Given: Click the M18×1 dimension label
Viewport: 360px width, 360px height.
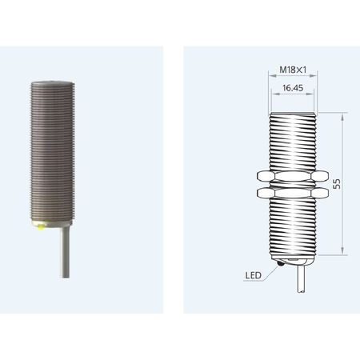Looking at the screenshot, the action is (x=293, y=70).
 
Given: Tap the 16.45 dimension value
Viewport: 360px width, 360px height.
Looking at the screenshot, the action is (x=293, y=88).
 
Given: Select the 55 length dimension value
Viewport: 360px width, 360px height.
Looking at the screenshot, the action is (x=337, y=184).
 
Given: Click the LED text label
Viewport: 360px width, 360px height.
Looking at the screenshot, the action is (x=254, y=275).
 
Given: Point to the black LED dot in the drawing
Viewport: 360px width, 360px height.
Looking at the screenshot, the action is (x=281, y=263).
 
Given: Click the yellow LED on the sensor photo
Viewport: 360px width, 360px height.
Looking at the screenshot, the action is (x=41, y=227).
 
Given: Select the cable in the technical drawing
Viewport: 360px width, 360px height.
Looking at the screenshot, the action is (x=302, y=278).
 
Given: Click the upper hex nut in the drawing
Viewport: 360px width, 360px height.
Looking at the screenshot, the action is (x=293, y=176).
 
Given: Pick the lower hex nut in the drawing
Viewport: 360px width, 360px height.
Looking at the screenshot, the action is (x=293, y=193).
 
